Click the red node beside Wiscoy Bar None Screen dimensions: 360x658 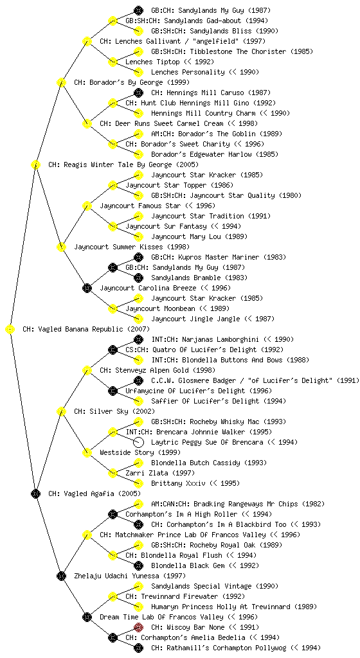pyautogui.click(x=138, y=627)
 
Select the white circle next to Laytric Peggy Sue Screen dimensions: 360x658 pyautogui.click(x=138, y=442)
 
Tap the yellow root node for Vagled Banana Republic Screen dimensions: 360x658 pyautogui.click(x=10, y=330)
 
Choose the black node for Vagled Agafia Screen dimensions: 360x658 pyautogui.click(x=35, y=494)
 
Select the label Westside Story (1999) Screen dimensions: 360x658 pyautogui.click(x=140, y=453)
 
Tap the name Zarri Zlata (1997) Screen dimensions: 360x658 pyautogui.click(x=160, y=474)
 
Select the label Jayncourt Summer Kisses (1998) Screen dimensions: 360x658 pyautogui.click(x=132, y=247)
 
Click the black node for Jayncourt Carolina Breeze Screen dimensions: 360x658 pyautogui.click(x=87, y=289)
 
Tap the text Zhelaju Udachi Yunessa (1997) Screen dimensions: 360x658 pyautogui.click(x=130, y=576)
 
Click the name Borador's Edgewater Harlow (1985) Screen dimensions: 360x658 pyautogui.click(x=215, y=154)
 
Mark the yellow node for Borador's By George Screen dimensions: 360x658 pyautogui.click(x=61, y=83)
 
